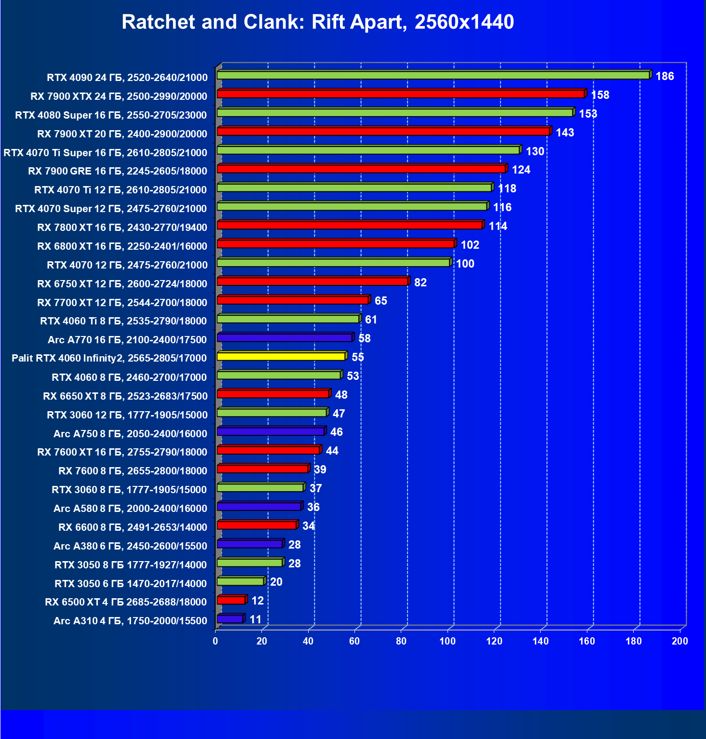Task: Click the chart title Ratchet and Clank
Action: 318,22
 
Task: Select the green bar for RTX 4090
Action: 433,75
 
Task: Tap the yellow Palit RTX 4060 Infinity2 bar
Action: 281,357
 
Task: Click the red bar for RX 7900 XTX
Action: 401,94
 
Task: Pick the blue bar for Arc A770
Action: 285,338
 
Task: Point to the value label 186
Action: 665,76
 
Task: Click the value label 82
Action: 420,282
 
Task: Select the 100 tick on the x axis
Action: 448,641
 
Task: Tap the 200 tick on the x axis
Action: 680,641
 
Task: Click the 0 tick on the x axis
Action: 216,641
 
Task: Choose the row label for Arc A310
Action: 130,621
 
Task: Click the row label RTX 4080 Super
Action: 111,115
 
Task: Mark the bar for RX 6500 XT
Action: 231,600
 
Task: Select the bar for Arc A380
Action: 250,544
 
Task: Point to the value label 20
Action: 276,582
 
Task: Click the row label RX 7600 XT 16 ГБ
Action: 122,452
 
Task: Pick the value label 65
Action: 380,301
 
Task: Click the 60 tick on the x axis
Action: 354,641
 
